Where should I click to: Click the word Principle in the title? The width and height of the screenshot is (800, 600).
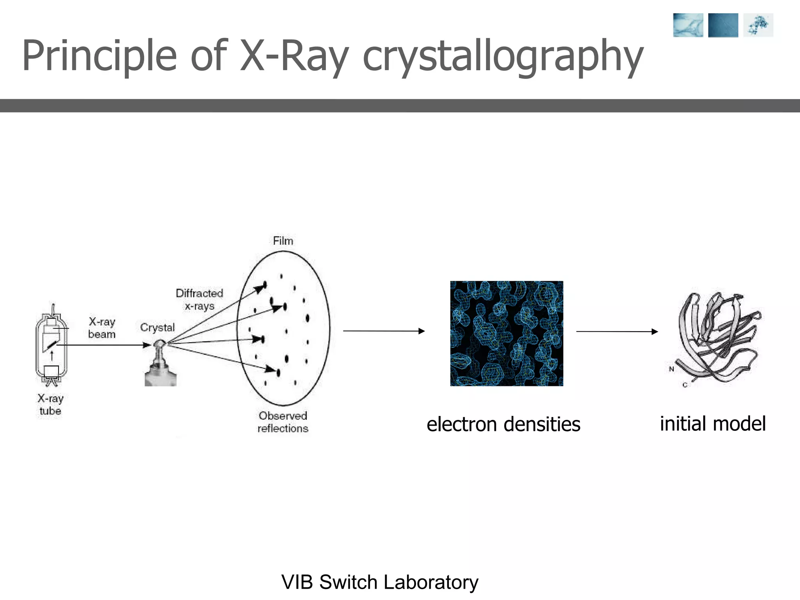pos(99,57)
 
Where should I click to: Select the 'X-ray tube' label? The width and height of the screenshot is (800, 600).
pos(50,405)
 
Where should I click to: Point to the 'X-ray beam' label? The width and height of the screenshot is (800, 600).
pos(102,328)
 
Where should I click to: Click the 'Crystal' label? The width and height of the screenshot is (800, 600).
pos(157,327)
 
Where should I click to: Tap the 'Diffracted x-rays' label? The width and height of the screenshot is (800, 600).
pos(199,300)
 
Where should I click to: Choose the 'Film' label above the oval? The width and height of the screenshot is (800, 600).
pos(283,241)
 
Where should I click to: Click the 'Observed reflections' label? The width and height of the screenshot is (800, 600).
pos(283,422)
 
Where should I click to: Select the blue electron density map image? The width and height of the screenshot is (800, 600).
pos(507,333)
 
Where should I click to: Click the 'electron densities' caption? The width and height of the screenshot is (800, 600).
pos(503,424)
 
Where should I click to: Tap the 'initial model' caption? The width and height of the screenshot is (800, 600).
pos(712,424)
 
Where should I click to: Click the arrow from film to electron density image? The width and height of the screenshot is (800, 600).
pos(384,331)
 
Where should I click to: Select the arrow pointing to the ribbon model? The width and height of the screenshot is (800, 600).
pos(617,332)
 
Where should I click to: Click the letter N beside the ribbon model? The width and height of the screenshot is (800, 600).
pos(671,369)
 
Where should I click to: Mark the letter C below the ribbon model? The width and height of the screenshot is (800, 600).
pos(685,385)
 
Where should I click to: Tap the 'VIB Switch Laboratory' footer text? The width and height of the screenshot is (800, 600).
pos(380,582)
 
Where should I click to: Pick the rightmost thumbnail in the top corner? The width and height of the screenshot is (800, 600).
pos(758,25)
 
